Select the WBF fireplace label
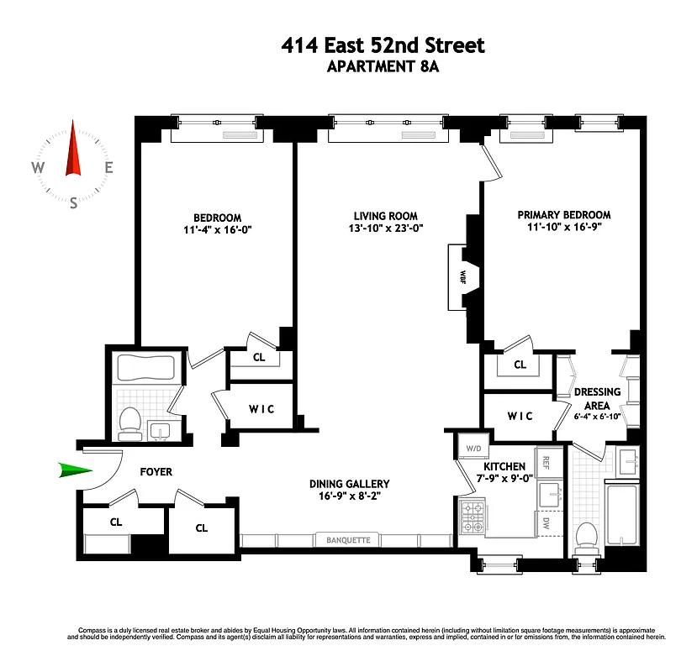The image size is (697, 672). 462,276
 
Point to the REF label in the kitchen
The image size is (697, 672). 546,462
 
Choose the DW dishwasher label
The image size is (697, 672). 546,523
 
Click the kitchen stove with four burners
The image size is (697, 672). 472,517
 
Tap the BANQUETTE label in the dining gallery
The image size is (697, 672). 348,540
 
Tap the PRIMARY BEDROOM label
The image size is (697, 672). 563,215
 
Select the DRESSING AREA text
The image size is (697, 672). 597,398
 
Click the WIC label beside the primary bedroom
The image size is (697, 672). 519,416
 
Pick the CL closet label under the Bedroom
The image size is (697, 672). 260,357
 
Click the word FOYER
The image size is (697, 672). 156,472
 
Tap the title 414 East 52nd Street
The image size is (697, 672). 383,45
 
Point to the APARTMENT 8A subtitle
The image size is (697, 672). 383,67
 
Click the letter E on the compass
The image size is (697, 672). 108,167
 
